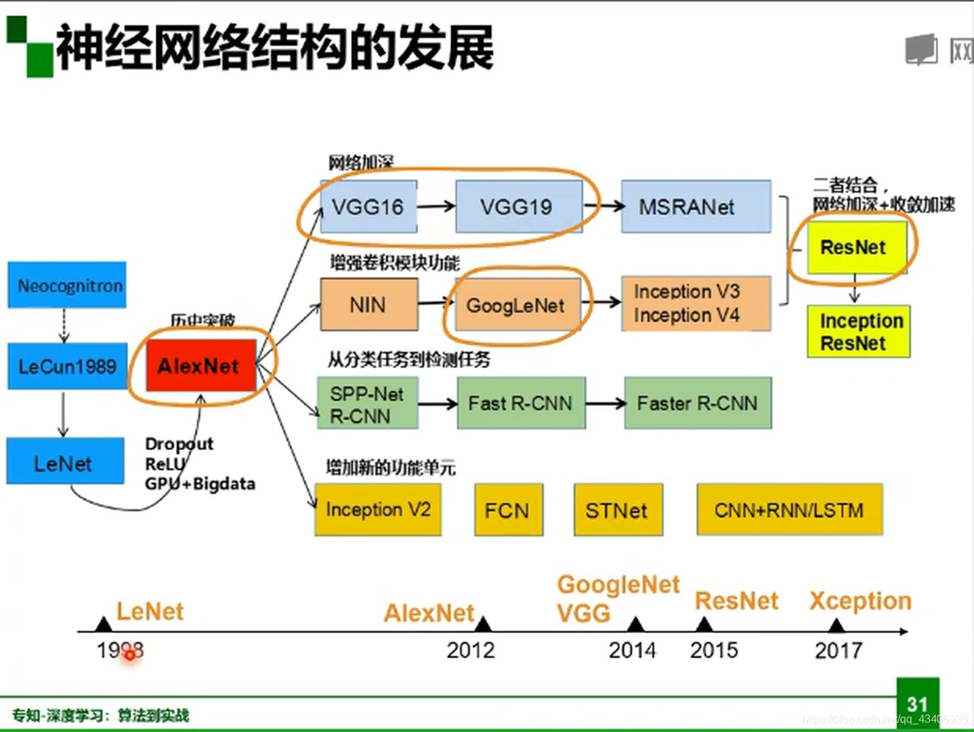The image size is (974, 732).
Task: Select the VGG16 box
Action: coord(368,206)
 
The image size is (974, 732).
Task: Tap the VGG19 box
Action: coord(517,206)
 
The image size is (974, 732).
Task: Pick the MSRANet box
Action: coord(696,206)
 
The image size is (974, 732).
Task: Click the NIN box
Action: coord(368,306)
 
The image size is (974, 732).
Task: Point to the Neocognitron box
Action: coord(67,285)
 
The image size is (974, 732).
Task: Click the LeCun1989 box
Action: coord(67,367)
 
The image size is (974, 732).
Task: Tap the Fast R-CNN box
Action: coord(521,403)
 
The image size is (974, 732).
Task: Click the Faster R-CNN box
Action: coord(697,403)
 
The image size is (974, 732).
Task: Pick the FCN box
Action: coord(508,510)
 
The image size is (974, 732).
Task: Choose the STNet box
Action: coord(617,510)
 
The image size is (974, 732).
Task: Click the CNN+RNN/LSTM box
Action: coord(789,510)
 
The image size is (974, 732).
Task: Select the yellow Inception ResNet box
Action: coord(858,331)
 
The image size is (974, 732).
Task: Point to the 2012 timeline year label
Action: coord(471,650)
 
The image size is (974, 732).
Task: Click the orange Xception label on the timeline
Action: coord(860,601)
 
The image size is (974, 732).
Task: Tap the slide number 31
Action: coord(917,704)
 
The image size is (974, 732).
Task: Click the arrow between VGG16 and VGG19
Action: coord(436,205)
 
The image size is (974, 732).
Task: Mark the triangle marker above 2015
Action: coord(704,624)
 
